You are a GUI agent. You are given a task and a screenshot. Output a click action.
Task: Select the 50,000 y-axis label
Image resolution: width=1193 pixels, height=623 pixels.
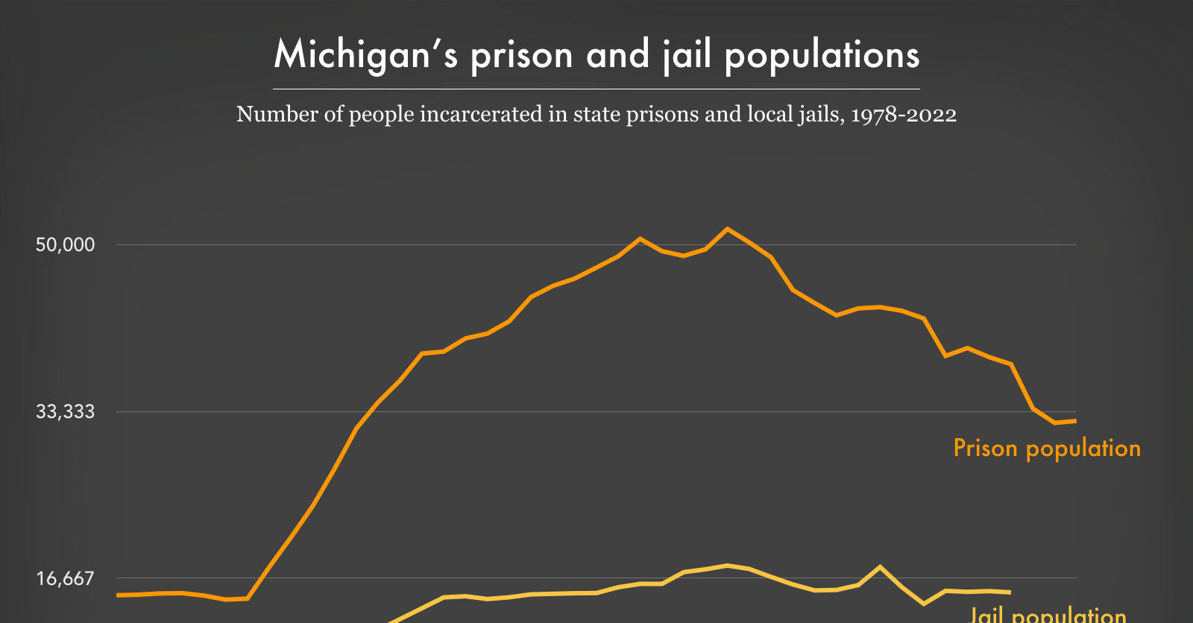click(x=66, y=244)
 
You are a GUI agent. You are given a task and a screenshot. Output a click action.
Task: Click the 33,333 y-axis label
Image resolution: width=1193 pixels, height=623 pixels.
click(x=66, y=411)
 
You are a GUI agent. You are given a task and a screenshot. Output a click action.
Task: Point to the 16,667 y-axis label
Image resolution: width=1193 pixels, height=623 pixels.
click(x=66, y=578)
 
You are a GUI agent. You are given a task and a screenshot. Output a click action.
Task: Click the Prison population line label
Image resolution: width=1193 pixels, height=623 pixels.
click(x=1047, y=448)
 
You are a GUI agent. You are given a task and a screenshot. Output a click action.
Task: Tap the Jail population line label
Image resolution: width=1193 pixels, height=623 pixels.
click(x=1047, y=615)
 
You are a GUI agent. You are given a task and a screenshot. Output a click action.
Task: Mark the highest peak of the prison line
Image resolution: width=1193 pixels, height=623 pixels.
click(x=728, y=229)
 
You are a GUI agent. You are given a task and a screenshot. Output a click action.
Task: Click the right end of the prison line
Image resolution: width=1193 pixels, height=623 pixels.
click(x=1074, y=421)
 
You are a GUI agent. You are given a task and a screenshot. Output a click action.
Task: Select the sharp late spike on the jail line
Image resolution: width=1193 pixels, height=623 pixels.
click(x=881, y=567)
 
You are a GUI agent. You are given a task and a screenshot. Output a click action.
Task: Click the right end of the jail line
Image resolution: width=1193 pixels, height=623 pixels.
click(x=1010, y=592)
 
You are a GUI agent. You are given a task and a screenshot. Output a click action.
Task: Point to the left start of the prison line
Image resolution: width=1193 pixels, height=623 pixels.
click(x=119, y=595)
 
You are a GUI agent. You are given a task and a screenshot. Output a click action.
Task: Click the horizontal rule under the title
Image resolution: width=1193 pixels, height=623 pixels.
click(x=596, y=89)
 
